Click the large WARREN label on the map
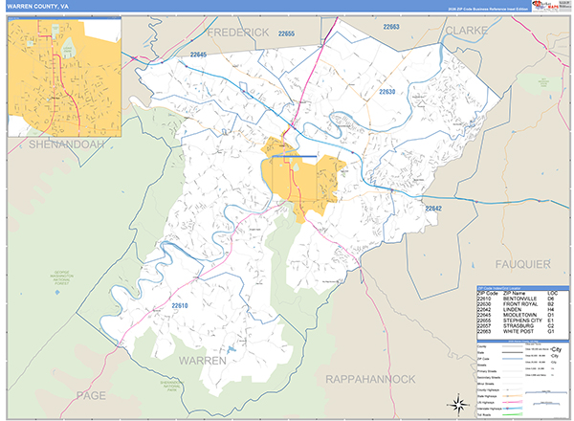(201, 362)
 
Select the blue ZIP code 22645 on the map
(198, 55)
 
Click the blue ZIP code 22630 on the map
(386, 92)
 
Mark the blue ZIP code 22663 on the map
(392, 29)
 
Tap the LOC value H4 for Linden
(551, 309)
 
